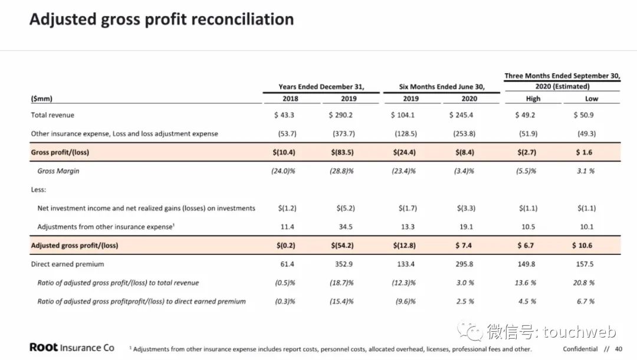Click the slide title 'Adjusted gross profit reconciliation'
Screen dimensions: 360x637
pyautogui.click(x=161, y=19)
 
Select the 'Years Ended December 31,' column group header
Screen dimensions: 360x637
pyautogui.click(x=321, y=87)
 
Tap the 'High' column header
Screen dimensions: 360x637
pyautogui.click(x=533, y=99)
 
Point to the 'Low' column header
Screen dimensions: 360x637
pyautogui.click(x=591, y=99)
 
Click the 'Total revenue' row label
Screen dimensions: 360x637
pyautogui.click(x=52, y=115)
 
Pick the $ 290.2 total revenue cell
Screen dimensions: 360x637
pyautogui.click(x=342, y=115)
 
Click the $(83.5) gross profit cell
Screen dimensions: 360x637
pyautogui.click(x=342, y=152)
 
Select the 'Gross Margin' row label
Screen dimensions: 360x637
pyautogui.click(x=58, y=171)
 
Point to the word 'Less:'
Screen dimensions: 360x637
pyautogui.click(x=39, y=189)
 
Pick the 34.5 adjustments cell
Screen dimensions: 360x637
pyautogui.click(x=348, y=227)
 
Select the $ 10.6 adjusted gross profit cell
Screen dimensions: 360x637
pyautogui.click(x=582, y=246)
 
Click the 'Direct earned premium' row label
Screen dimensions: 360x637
pyautogui.click(x=67, y=264)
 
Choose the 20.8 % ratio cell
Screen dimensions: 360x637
pyautogui.click(x=583, y=283)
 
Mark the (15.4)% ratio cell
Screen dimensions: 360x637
pyautogui.click(x=342, y=302)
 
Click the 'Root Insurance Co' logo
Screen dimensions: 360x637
pyautogui.click(x=72, y=348)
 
